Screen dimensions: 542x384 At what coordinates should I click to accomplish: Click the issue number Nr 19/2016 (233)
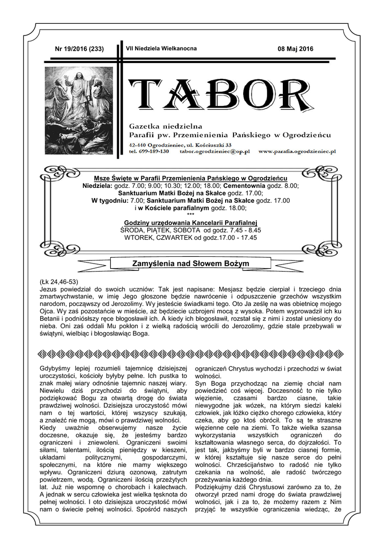click(x=79, y=49)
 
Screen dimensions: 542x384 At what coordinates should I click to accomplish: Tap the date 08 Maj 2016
click(x=296, y=49)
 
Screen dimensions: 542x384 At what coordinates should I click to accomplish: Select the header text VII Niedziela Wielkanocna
click(x=161, y=48)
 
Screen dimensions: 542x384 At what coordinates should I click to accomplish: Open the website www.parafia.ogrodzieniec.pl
click(x=297, y=151)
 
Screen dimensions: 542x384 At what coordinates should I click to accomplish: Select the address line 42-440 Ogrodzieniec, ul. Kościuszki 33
click(x=180, y=144)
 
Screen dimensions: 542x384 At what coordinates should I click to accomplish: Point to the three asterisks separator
click(x=191, y=215)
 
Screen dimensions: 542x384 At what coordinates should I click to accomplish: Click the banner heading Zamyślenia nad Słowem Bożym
click(x=190, y=264)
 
